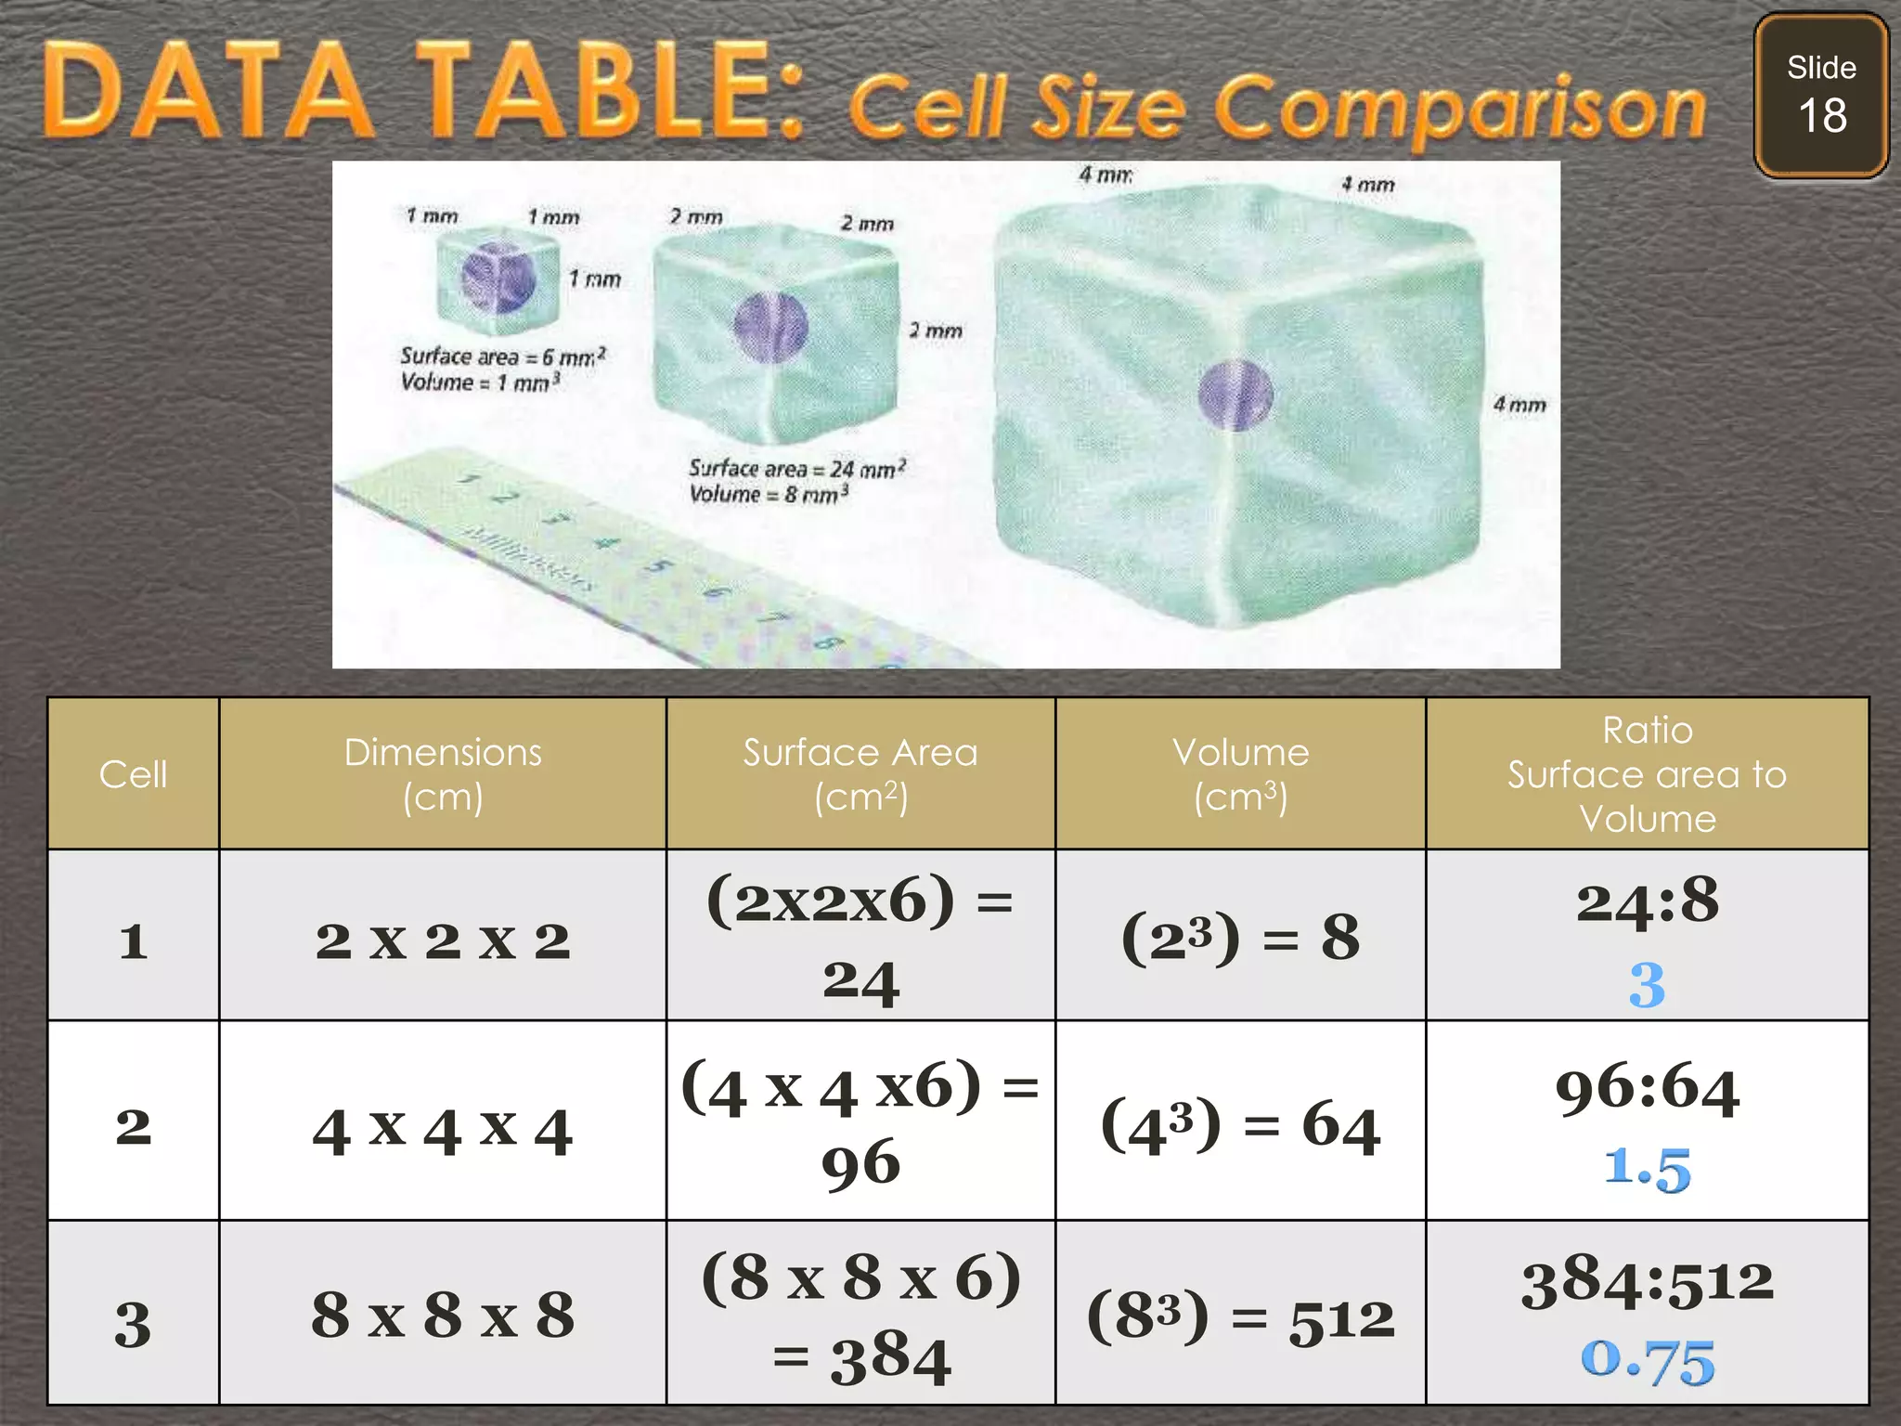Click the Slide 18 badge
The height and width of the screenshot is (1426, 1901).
click(1820, 95)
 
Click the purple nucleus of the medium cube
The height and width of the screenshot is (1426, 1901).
click(770, 326)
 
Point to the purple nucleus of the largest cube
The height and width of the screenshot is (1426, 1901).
click(1234, 395)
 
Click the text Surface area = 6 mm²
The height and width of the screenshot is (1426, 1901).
click(502, 356)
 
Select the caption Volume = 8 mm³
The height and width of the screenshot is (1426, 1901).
click(768, 494)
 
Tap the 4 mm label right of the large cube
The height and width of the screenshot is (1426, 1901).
click(1519, 405)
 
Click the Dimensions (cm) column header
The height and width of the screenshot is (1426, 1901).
click(443, 774)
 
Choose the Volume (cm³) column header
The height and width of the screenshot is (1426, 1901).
click(1240, 774)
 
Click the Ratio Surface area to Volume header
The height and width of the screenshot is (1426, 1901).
click(1647, 774)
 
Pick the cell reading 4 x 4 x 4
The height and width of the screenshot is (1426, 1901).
click(443, 1131)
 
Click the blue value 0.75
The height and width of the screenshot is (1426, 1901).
click(1648, 1361)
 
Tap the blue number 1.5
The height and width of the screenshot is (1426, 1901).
click(1648, 1168)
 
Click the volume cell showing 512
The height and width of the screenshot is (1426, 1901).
click(1240, 1318)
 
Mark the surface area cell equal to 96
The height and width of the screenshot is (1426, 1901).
click(860, 1123)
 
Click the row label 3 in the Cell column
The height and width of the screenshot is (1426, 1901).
click(133, 1324)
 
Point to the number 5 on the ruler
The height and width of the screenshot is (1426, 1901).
click(656, 565)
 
